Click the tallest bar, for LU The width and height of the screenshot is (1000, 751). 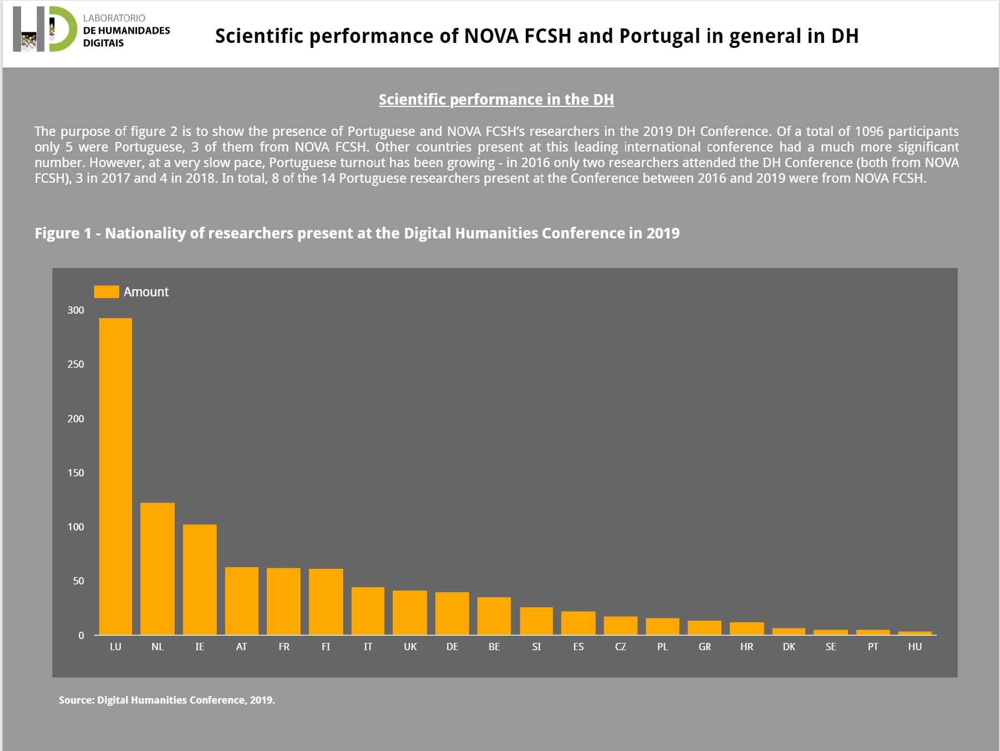click(115, 476)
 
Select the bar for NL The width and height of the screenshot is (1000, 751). click(157, 568)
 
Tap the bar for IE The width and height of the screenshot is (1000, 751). click(199, 579)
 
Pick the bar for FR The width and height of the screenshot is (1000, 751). click(284, 601)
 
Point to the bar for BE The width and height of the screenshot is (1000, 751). click(494, 616)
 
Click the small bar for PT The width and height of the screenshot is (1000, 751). click(872, 632)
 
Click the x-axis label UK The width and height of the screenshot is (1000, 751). click(410, 647)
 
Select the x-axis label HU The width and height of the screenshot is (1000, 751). click(915, 647)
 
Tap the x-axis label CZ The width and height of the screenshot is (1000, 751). click(620, 647)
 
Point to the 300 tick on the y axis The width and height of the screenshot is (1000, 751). click(76, 310)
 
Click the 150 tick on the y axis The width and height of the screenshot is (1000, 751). click(76, 473)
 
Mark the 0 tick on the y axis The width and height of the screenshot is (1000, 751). click(81, 636)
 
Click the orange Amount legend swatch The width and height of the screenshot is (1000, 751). click(106, 292)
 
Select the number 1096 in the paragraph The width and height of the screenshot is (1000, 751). click(869, 131)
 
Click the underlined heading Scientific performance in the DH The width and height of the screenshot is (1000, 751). click(496, 100)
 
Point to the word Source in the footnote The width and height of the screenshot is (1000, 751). click(76, 700)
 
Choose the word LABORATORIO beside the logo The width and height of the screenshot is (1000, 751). click(114, 18)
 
